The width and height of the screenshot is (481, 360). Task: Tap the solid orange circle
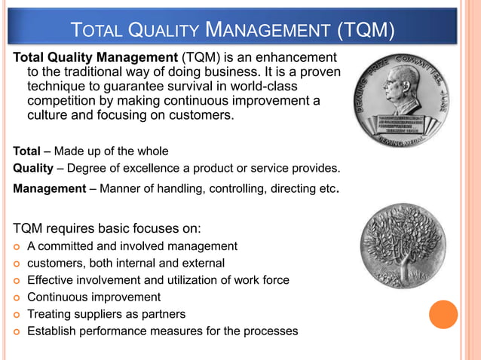(x=443, y=315)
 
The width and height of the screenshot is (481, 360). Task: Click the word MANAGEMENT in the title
(x=268, y=31)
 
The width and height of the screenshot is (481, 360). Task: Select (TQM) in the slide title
(x=365, y=31)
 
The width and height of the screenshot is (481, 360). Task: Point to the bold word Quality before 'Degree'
(x=32, y=167)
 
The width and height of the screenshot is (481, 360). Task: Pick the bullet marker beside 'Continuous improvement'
(x=16, y=297)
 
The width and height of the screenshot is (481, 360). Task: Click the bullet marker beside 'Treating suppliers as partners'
(x=16, y=315)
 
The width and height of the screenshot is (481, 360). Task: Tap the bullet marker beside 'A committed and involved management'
(x=16, y=246)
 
